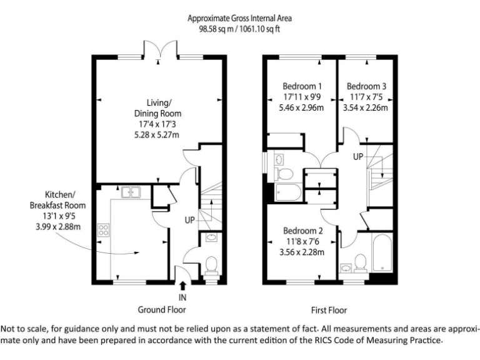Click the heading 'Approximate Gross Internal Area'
[240, 18]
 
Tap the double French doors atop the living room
[158, 50]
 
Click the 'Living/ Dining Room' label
[158, 108]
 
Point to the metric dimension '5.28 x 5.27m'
[158, 135]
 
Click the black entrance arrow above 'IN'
[182, 286]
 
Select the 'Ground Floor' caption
[162, 309]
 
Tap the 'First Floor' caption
[329, 309]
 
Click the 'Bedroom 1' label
[302, 86]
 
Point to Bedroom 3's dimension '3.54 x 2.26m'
[365, 107]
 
